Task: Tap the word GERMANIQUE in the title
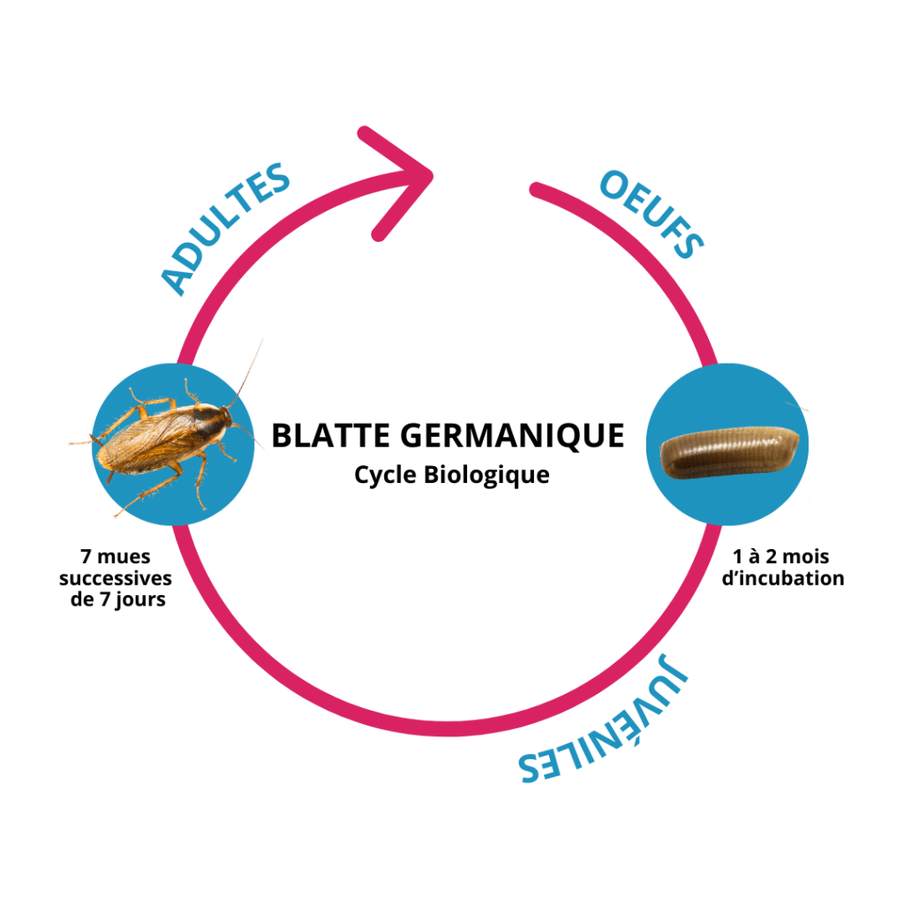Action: (513, 435)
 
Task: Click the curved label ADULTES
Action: (226, 228)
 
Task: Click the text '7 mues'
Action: (115, 559)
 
